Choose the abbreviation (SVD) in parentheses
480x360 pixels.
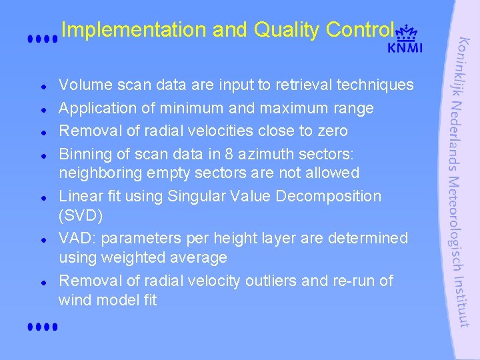81,216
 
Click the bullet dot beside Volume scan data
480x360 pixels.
42,87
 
